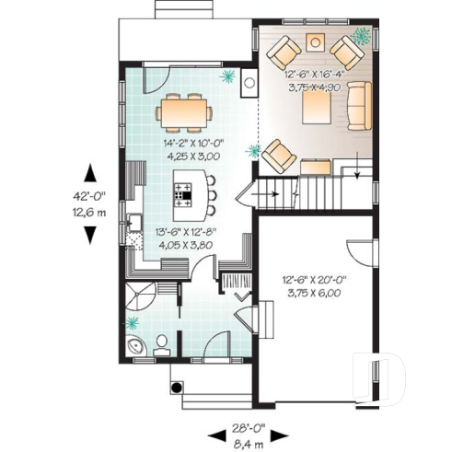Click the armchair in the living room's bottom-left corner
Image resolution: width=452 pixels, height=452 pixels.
tap(279, 154)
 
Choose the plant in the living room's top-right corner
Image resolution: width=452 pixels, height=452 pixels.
tap(359, 35)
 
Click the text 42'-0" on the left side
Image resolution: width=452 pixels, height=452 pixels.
tap(93, 195)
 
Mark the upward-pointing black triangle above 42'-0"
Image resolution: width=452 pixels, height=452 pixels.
tap(93, 173)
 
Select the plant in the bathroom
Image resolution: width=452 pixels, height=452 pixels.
tap(134, 322)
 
